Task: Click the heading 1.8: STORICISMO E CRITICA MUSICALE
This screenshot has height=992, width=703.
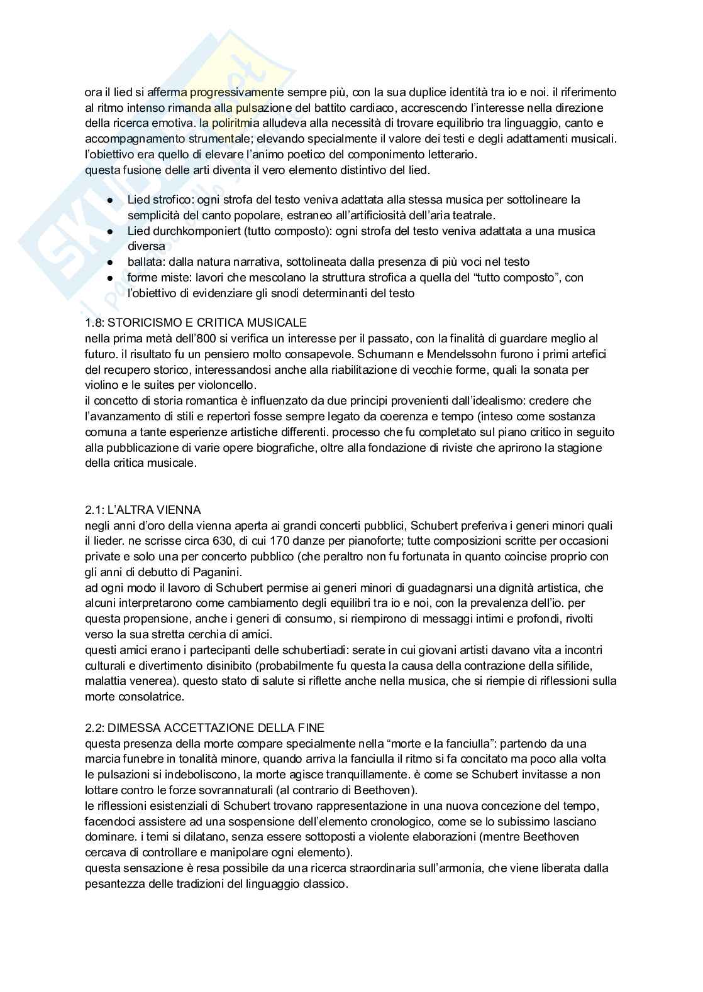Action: [x=196, y=323]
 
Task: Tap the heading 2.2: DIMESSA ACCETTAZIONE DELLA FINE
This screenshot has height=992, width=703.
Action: [x=204, y=728]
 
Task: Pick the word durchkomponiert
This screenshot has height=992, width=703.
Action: [x=189, y=231]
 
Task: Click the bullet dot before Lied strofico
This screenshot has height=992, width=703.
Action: [x=110, y=200]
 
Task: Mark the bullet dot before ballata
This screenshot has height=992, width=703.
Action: [x=110, y=262]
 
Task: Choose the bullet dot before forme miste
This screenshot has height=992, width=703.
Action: [x=110, y=278]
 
